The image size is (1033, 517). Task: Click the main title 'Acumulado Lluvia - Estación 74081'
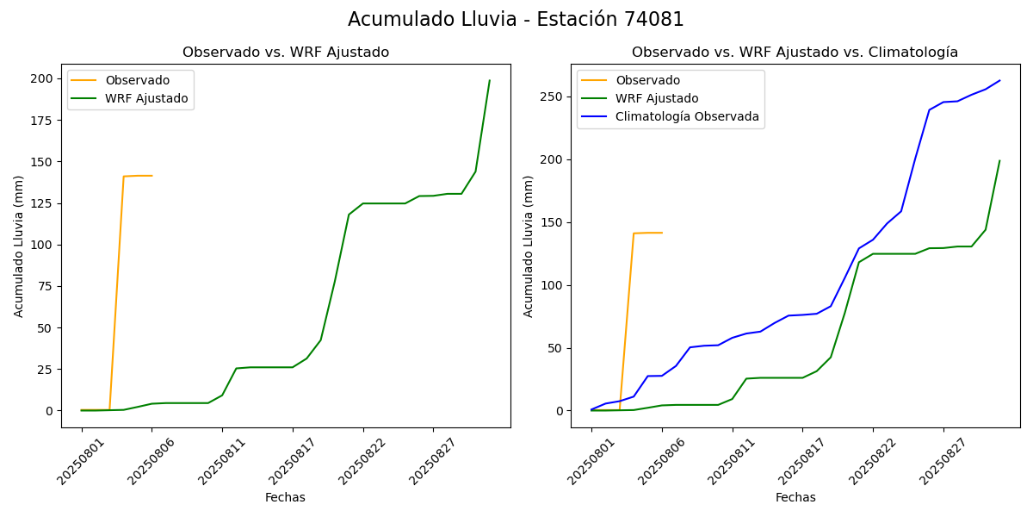516,20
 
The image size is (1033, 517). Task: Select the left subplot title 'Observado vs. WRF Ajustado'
285,53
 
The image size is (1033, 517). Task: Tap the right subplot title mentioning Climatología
795,53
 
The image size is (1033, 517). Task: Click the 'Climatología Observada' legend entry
687,117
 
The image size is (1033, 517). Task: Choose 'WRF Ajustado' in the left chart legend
146,98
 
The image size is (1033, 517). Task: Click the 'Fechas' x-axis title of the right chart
795,497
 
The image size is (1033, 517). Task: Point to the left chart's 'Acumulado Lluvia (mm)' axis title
19,246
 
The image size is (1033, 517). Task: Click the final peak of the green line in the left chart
490,80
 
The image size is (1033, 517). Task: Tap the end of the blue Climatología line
999,81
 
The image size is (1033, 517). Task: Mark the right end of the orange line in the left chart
152,176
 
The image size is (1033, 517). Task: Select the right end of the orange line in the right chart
662,233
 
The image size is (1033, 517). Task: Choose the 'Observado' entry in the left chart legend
138,80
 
